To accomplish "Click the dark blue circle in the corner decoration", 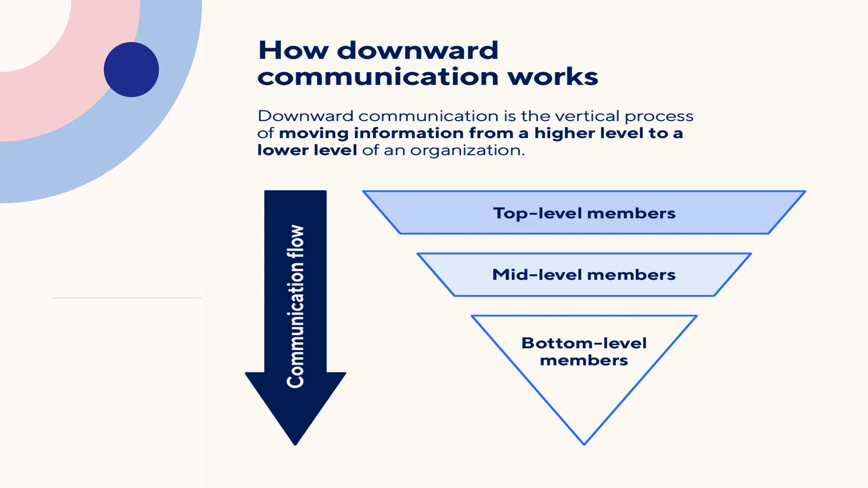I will coord(131,69).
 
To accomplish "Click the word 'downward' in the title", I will coord(417,50).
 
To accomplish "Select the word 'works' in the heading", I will coord(553,77).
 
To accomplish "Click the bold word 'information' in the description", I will coord(409,133).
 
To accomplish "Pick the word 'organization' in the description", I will coord(467,150).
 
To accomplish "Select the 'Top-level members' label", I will coord(584,213).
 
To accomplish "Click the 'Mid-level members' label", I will coord(584,275).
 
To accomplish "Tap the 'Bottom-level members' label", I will coord(584,352).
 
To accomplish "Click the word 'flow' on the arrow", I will coord(295,241).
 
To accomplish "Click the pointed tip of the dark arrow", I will coord(295,443).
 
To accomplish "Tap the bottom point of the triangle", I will coord(584,443).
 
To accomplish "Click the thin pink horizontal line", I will coord(127,298).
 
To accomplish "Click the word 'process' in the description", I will coord(659,116).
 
